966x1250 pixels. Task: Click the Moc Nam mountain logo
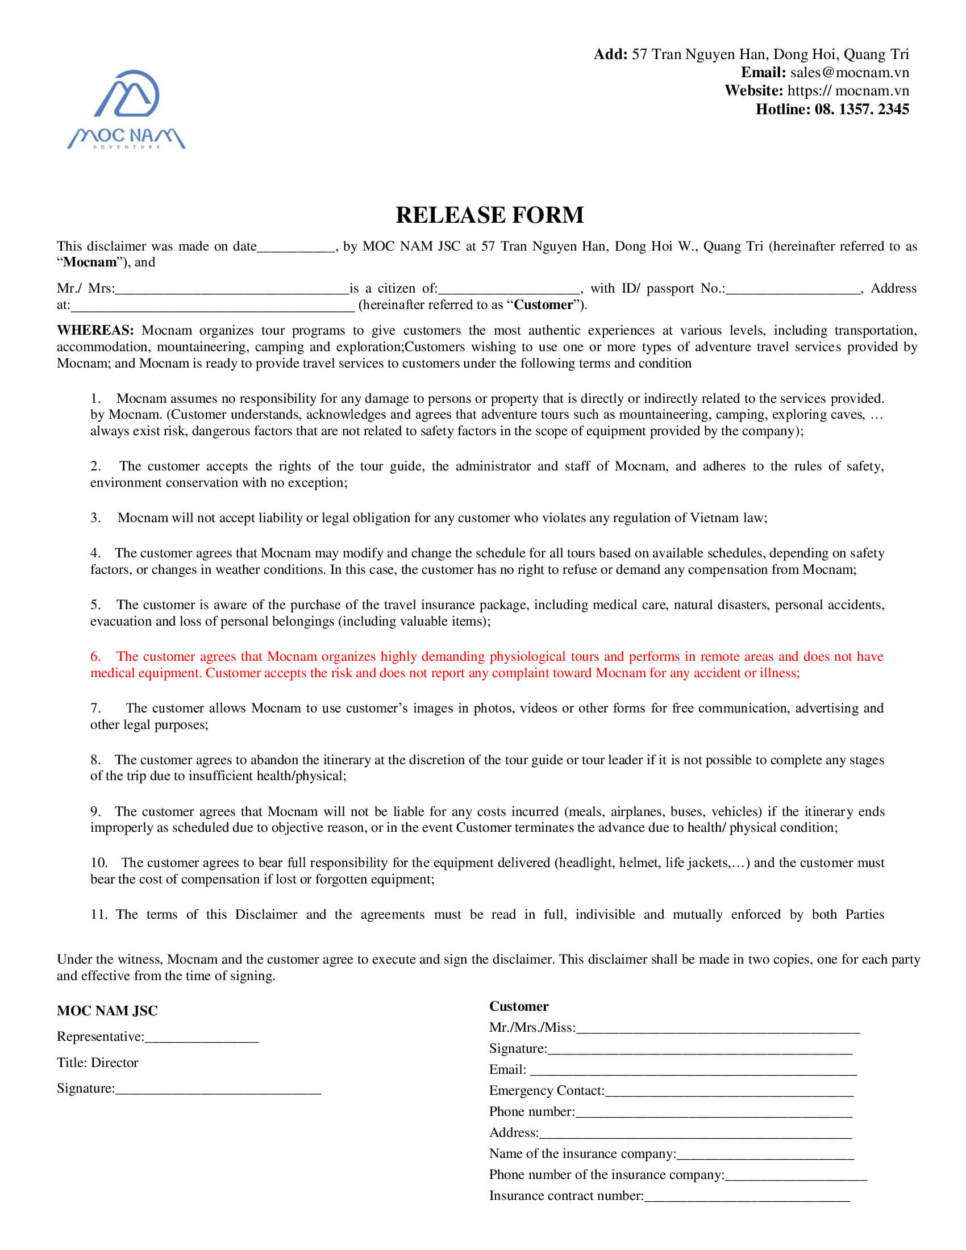[x=127, y=109]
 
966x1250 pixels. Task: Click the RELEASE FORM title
[x=489, y=215]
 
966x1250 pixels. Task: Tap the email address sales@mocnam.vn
[x=850, y=73]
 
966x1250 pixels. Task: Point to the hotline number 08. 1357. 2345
[x=861, y=109]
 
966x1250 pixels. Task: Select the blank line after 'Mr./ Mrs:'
[x=232, y=290]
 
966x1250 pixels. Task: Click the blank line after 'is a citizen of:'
[x=509, y=290]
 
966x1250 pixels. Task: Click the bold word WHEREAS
[x=95, y=331]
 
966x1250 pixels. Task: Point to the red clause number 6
[x=95, y=656]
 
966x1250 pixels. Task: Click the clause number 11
[x=98, y=915]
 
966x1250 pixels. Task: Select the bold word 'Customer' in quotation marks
[x=544, y=305]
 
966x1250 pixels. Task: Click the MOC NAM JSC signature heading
[x=107, y=1011]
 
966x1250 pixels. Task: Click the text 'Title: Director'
[x=97, y=1063]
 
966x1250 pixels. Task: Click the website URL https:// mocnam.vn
[x=848, y=91]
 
